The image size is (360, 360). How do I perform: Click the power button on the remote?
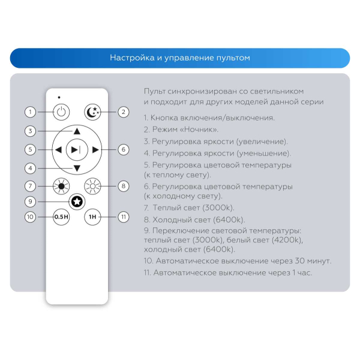61,112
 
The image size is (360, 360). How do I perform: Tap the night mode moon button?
92,112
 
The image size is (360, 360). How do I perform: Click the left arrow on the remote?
58,149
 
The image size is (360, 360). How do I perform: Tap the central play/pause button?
77,149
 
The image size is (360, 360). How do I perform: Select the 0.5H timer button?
61,217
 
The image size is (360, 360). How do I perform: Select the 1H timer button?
92,217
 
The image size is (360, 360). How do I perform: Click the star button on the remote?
77,201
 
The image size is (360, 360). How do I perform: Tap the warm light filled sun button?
61,186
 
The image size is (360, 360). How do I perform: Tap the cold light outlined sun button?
92,186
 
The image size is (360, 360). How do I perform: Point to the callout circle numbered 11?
123,217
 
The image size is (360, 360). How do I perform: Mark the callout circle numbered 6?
123,149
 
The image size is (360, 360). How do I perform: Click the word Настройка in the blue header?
129,58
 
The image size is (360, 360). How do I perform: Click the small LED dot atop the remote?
59,97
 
